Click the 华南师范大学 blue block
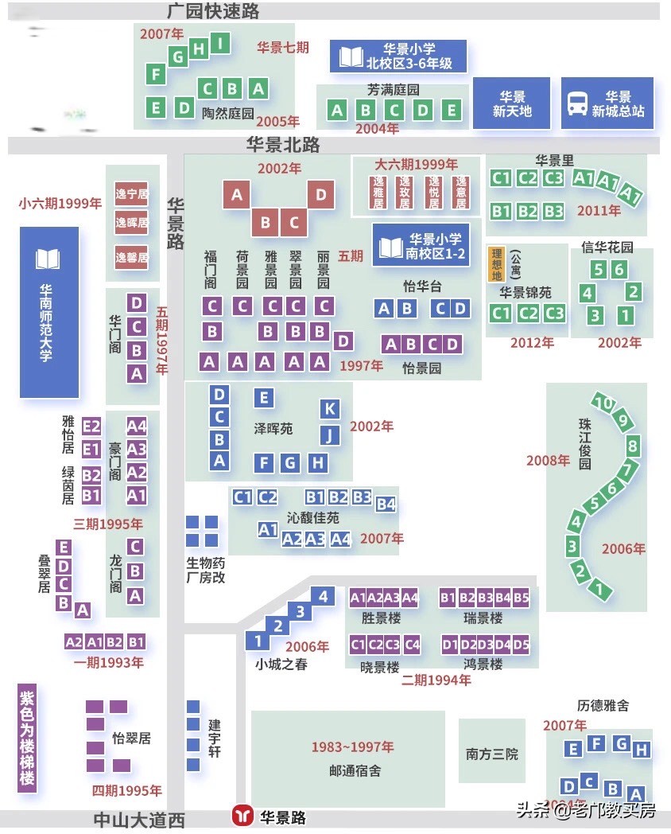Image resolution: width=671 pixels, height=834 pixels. (x=49, y=312)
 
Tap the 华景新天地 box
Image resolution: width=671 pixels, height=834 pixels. (x=511, y=103)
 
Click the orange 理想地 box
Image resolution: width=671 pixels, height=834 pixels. (x=496, y=264)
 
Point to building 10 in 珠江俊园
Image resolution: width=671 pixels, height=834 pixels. (x=604, y=403)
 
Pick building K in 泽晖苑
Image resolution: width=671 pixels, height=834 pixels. (x=330, y=409)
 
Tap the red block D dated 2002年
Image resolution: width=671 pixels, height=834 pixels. (x=320, y=194)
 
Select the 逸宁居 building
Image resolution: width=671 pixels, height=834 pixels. (x=131, y=193)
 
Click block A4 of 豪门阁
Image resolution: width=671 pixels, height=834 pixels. (x=137, y=426)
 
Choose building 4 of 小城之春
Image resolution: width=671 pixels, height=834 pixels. (x=322, y=595)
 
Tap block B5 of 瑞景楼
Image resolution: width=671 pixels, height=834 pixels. (x=521, y=597)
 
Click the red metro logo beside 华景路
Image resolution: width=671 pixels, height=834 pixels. (x=242, y=816)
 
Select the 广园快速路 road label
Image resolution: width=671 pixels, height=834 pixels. (x=213, y=11)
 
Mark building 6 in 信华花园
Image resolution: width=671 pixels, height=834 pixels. (x=619, y=270)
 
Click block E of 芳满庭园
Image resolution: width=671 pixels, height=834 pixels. (x=452, y=111)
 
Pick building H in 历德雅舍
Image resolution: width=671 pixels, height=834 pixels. (x=642, y=750)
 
